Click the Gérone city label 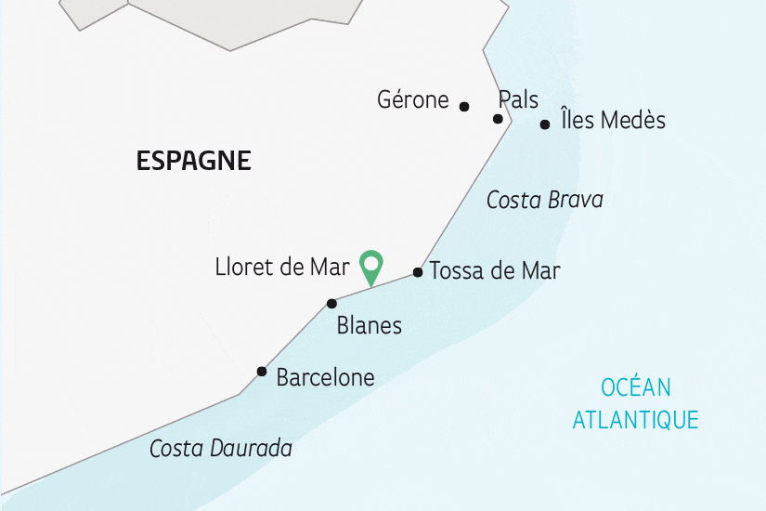[413, 100]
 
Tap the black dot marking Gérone [464, 107]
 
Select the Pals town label [518, 99]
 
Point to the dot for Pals [498, 119]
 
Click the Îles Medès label [613, 120]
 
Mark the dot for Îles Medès [545, 124]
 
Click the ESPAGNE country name [193, 161]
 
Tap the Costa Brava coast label [545, 200]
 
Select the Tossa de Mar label [495, 271]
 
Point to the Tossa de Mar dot [418, 272]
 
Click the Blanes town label [370, 325]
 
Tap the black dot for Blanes [331, 304]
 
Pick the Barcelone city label [325, 377]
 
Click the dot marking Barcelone [262, 372]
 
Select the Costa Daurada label [221, 449]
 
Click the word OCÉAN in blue [635, 387]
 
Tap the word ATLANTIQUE [635, 419]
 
